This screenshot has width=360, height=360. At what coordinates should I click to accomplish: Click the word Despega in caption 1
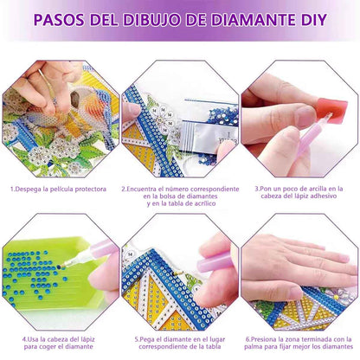(x=34, y=188)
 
